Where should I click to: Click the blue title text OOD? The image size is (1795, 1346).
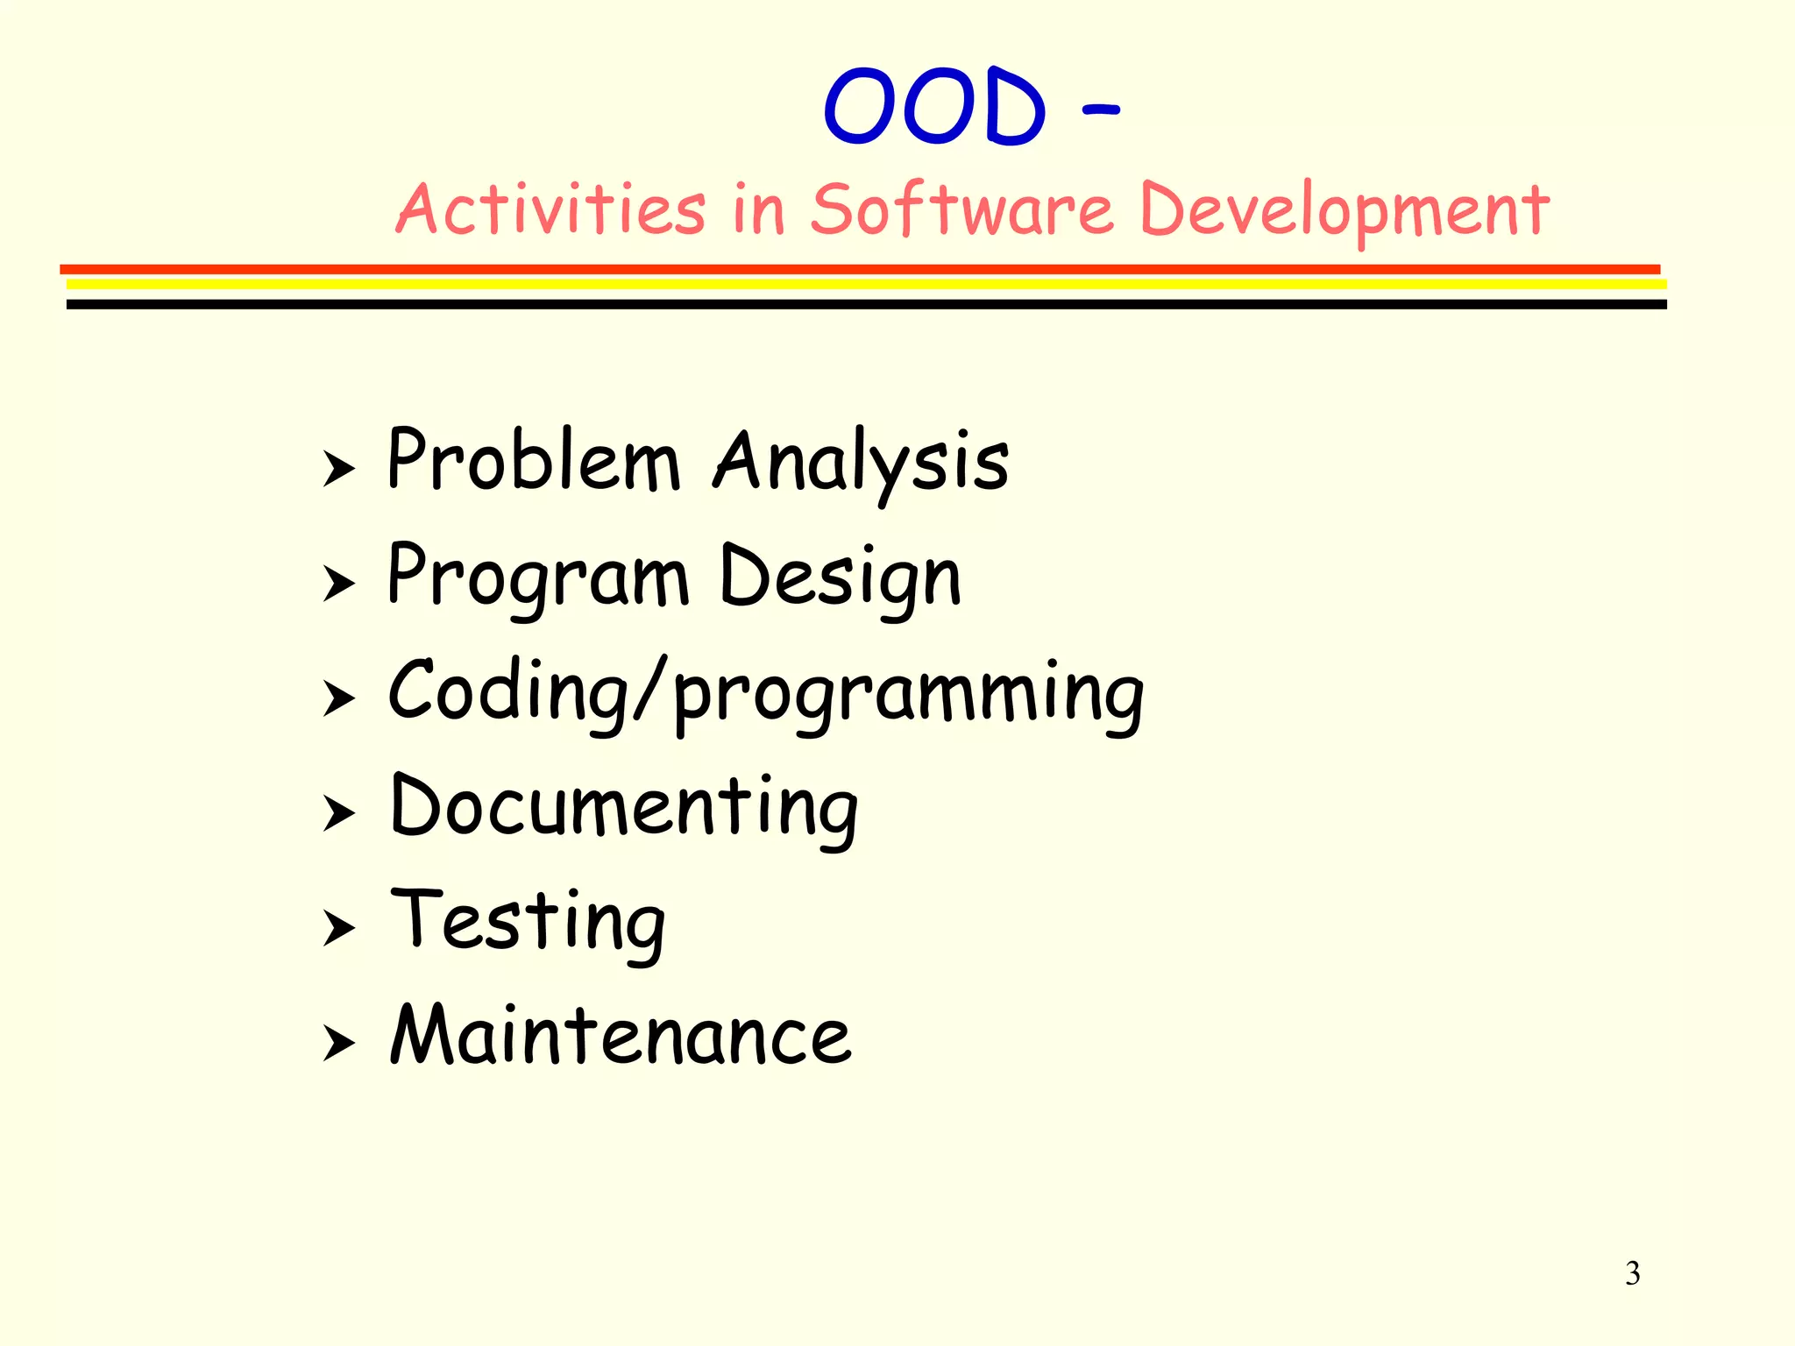coord(934,107)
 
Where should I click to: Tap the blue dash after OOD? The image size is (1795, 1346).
coord(1101,110)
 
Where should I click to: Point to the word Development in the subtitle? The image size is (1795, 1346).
coord(1344,211)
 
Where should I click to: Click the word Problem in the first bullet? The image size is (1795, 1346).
coord(534,461)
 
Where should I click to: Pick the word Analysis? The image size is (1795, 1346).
coord(862,463)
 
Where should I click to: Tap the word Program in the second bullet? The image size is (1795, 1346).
coord(538,577)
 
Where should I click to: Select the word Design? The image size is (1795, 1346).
coord(841,577)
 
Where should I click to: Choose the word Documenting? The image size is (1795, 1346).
coord(624,808)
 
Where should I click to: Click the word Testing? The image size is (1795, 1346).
coord(529,922)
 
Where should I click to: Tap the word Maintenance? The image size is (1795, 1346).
coord(621,1036)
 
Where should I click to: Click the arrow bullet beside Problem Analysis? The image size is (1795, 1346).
coord(338,469)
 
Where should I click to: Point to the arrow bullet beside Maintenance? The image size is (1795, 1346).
coord(338,1044)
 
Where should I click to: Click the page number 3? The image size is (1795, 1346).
coord(1632,1273)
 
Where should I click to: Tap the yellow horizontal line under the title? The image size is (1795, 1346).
coord(866,285)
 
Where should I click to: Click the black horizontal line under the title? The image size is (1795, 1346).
coord(866,305)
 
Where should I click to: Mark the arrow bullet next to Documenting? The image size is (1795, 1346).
coord(338,814)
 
